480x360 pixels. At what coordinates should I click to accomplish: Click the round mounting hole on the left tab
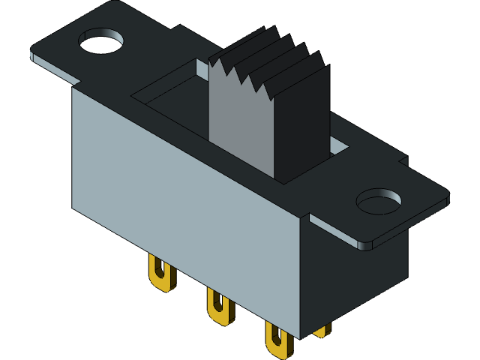(x=101, y=41)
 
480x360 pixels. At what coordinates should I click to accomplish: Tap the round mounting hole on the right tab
(x=379, y=202)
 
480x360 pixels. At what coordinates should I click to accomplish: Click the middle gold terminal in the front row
(x=217, y=307)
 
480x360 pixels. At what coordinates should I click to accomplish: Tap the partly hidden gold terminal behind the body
(x=322, y=330)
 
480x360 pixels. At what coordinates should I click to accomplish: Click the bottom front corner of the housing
(x=299, y=337)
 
